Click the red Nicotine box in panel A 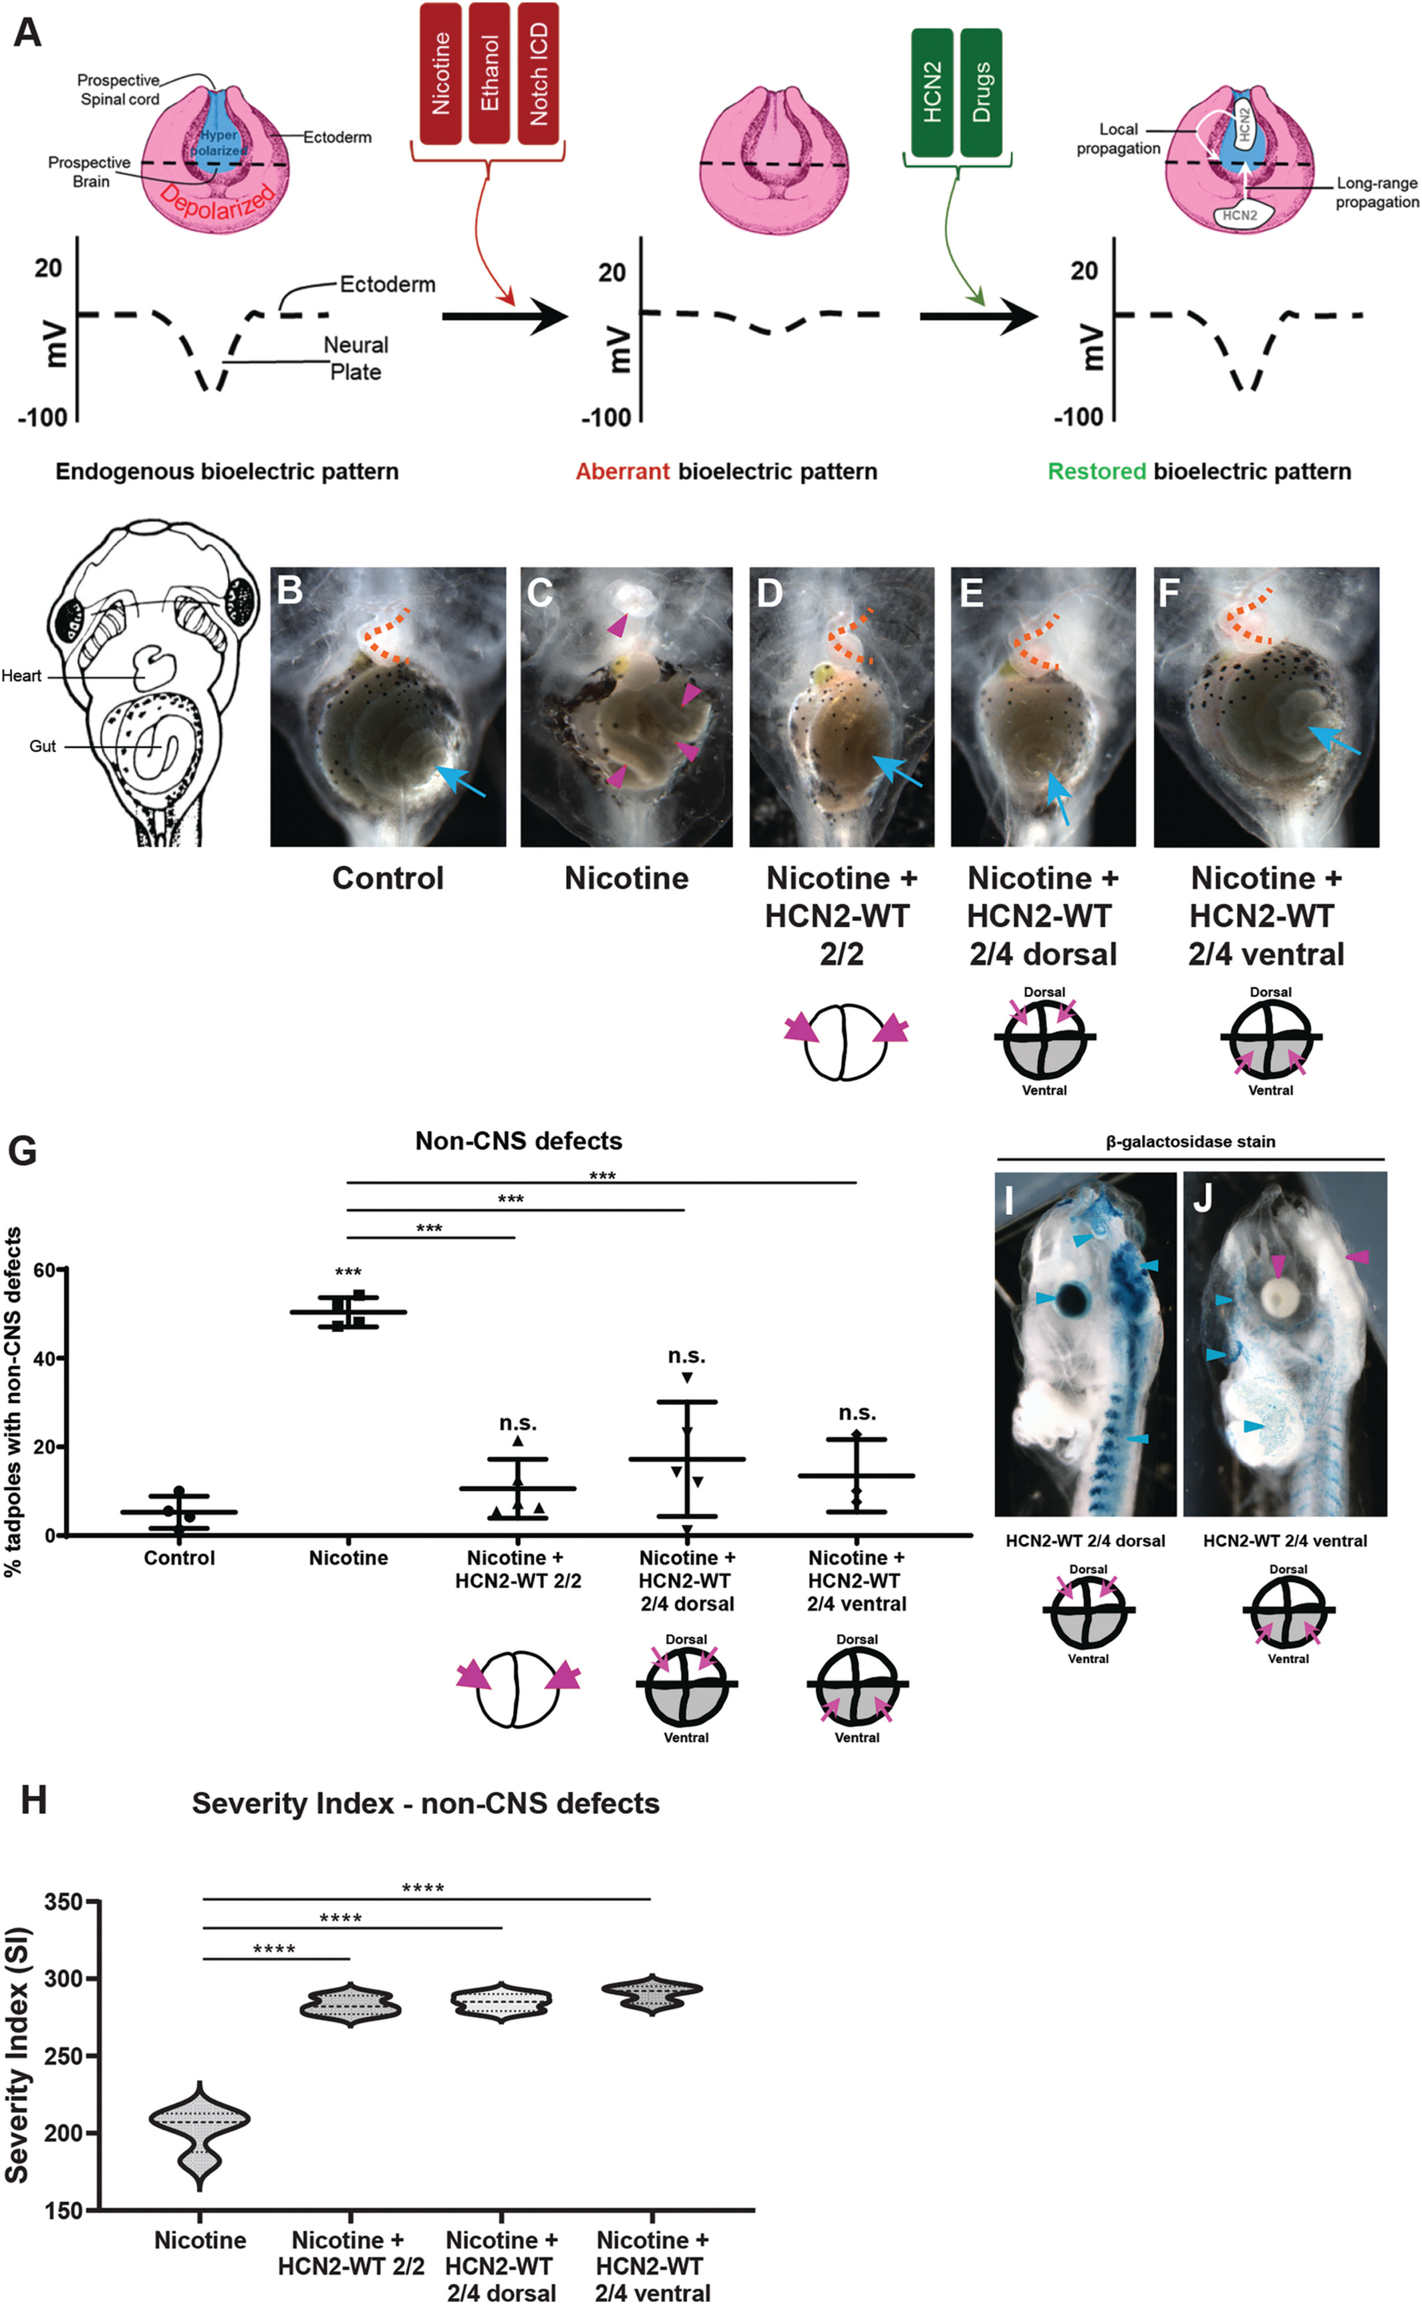[440, 74]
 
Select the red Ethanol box [489, 74]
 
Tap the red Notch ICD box [539, 74]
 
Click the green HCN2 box [932, 92]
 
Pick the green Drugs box [981, 92]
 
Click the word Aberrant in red [623, 471]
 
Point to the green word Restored [1097, 471]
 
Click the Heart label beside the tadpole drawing [21, 676]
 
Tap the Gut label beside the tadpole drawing [42, 746]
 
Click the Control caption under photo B [388, 878]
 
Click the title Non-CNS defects [518, 1141]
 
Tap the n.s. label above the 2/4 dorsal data [686, 1356]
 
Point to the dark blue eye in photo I [1071, 1300]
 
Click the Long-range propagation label [1377, 193]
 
